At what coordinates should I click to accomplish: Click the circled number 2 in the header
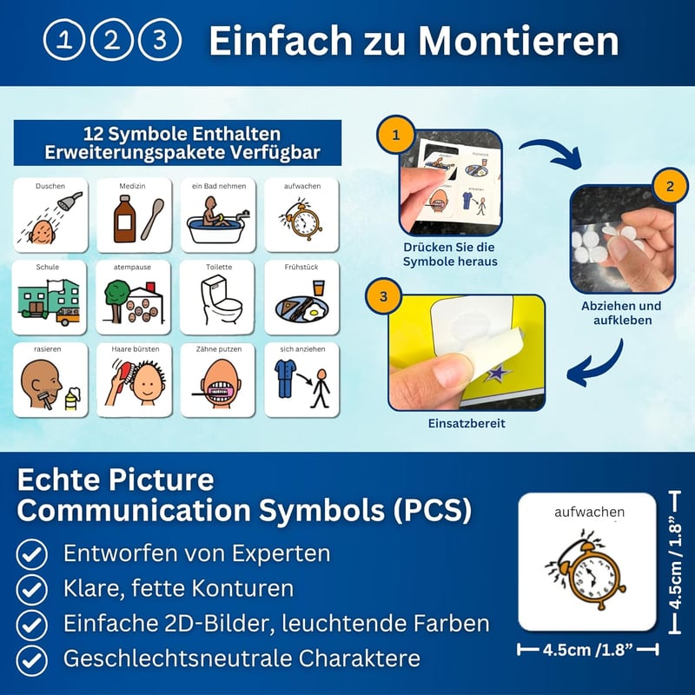coord(112,39)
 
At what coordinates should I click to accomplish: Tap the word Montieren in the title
coord(518,40)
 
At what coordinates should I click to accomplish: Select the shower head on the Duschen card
coord(70,201)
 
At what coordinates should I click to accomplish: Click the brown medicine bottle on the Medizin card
coord(124,219)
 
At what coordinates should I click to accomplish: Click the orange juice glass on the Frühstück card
coord(318,288)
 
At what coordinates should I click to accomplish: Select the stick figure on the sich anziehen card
coord(321,387)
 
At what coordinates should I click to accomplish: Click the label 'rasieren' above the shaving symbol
coord(48,349)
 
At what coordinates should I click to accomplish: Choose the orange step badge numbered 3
coord(383,296)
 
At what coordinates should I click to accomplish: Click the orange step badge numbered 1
coord(396,135)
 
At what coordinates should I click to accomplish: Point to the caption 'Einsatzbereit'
coord(467,423)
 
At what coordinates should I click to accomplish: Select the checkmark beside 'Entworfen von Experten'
coord(32,554)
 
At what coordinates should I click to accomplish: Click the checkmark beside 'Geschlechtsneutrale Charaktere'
coord(32,660)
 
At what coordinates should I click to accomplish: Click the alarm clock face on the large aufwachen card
coord(591,578)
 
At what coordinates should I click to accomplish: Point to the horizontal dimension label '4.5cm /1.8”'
coord(588,650)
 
